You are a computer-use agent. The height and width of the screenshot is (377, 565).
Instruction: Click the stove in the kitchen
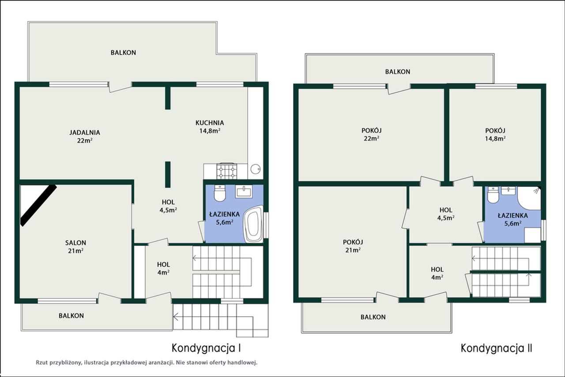pyautogui.click(x=227, y=171)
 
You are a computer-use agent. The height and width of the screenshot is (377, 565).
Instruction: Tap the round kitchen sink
pyautogui.click(x=256, y=169)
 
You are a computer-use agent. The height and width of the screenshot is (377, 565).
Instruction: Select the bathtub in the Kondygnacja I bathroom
pyautogui.click(x=253, y=224)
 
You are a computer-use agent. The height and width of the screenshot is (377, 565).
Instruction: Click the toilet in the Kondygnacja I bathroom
pyautogui.click(x=220, y=193)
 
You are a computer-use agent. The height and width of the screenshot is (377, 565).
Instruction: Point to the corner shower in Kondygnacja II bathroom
pyautogui.click(x=529, y=198)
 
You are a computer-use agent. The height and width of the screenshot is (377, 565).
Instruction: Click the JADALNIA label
pyautogui.click(x=85, y=132)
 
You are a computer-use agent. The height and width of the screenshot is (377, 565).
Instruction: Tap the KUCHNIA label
pyautogui.click(x=210, y=123)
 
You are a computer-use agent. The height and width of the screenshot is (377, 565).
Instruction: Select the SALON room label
pyautogui.click(x=75, y=243)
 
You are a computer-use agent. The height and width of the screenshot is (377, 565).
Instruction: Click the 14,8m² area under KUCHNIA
pyautogui.click(x=210, y=131)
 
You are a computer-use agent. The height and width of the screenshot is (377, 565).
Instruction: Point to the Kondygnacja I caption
pyautogui.click(x=206, y=348)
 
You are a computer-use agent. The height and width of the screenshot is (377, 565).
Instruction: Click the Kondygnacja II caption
pyautogui.click(x=497, y=348)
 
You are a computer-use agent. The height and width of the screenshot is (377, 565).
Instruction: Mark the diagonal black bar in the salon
pyautogui.click(x=38, y=205)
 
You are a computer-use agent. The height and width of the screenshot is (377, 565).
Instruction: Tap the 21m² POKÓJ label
pyautogui.click(x=353, y=246)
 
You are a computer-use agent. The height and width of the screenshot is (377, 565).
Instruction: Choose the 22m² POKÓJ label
pyautogui.click(x=372, y=135)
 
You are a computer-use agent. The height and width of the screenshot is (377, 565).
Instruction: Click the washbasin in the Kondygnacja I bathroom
pyautogui.click(x=243, y=192)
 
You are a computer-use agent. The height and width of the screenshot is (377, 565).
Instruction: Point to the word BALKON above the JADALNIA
pyautogui.click(x=123, y=53)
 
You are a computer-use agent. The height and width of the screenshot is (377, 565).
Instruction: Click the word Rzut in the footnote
pyautogui.click(x=41, y=362)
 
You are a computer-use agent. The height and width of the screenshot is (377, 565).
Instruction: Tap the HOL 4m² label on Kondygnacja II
pyautogui.click(x=437, y=273)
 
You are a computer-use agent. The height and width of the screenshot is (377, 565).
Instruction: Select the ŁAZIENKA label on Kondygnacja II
pyautogui.click(x=513, y=216)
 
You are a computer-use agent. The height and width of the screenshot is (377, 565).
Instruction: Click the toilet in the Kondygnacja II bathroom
pyautogui.click(x=493, y=195)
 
